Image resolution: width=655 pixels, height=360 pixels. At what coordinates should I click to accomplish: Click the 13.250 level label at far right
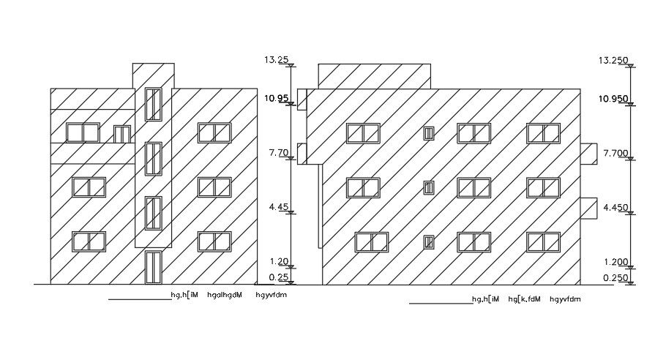click(613, 60)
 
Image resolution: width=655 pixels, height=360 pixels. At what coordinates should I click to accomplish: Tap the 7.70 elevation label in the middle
click(279, 153)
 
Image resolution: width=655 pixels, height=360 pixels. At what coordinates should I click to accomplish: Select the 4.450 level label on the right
click(615, 208)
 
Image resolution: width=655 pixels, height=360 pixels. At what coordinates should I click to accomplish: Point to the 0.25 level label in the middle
click(278, 277)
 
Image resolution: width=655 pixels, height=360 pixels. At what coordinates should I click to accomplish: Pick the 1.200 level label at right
click(615, 262)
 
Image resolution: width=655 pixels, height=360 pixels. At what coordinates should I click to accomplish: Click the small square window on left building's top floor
click(121, 134)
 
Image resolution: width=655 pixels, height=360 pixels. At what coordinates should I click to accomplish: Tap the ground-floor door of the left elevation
click(153, 266)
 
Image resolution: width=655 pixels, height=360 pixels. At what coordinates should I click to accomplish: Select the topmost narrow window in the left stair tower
click(153, 104)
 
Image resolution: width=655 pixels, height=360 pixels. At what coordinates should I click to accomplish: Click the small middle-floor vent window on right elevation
click(429, 187)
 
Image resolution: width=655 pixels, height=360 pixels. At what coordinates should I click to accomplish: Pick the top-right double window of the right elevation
click(543, 133)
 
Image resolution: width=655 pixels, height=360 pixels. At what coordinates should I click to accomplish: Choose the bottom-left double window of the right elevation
click(371, 242)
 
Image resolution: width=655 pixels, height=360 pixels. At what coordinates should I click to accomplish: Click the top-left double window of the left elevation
click(83, 132)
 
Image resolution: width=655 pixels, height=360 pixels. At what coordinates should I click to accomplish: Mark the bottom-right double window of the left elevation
click(214, 242)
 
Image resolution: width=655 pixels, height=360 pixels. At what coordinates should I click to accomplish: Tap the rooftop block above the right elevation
click(374, 76)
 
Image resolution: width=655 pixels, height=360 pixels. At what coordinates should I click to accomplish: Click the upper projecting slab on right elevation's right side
click(589, 154)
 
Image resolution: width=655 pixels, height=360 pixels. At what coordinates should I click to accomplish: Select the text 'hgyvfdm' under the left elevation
click(271, 295)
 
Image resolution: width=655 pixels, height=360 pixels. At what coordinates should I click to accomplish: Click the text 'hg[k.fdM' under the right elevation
click(524, 299)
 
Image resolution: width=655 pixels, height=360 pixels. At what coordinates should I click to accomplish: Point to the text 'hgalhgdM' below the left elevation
click(224, 295)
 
